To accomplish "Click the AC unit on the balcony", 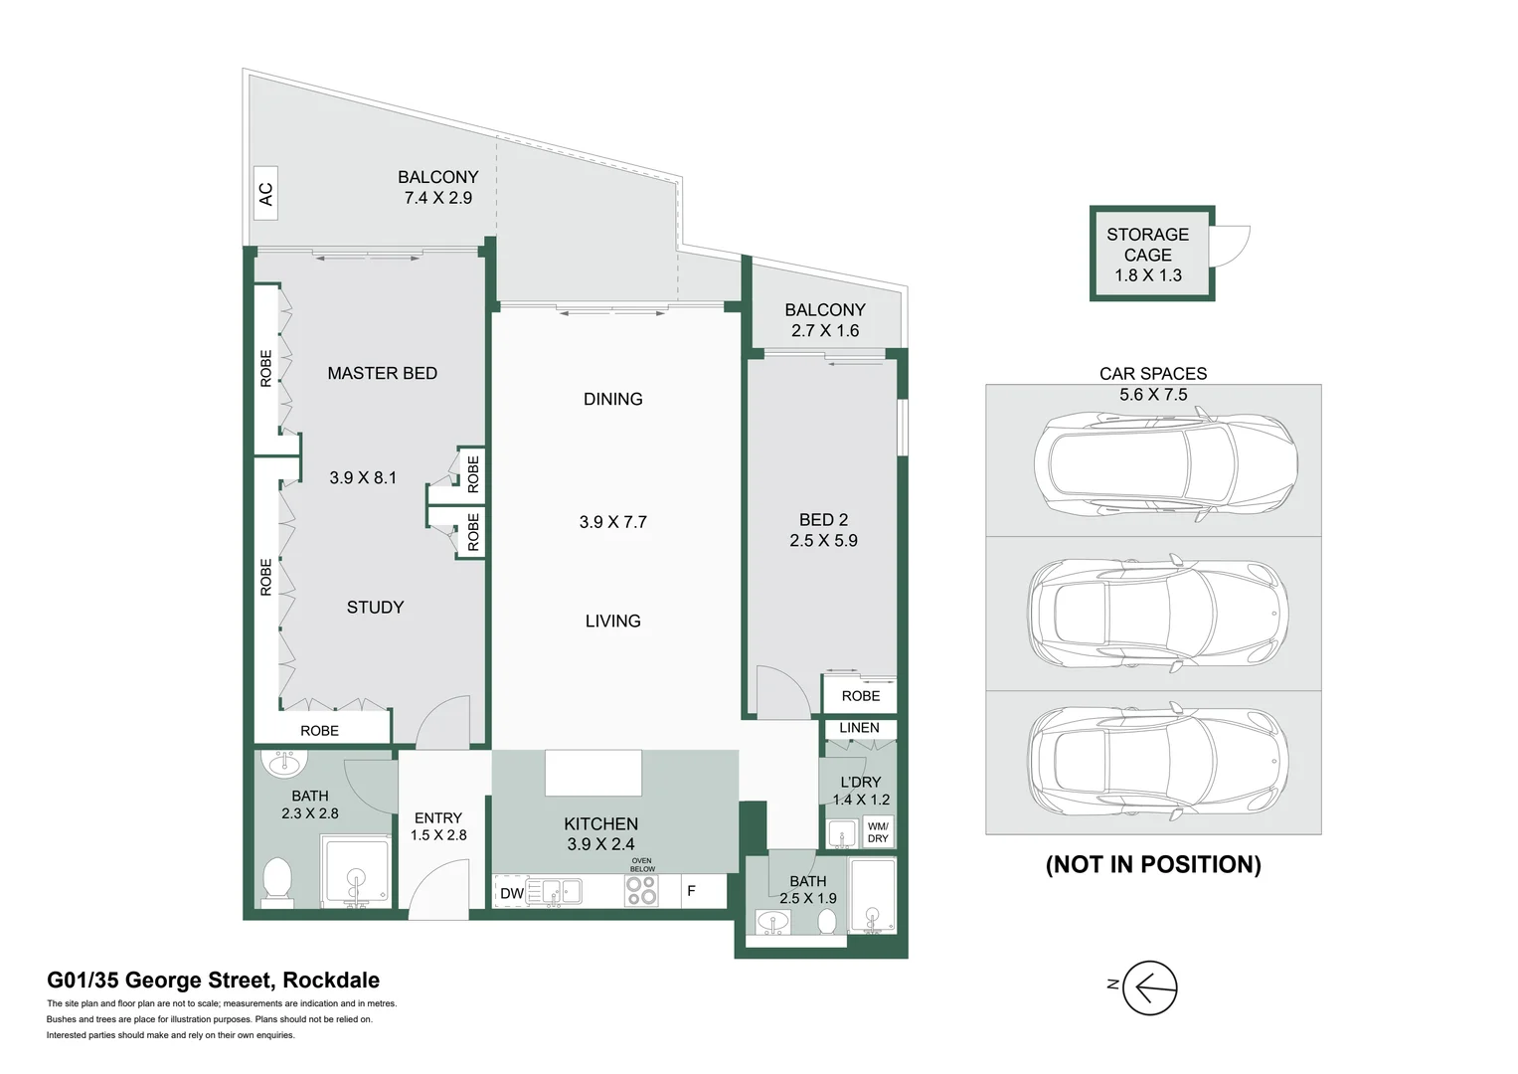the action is coord(265,193).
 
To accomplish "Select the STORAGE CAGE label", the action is coord(1148,245).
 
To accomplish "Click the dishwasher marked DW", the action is coord(512,893).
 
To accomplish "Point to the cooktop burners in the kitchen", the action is coord(641,891).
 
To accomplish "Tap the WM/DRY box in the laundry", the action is coord(878,832).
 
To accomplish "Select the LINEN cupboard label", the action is coord(859,728).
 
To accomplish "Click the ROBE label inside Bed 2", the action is coord(861,696).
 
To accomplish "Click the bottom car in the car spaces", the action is coord(1158,761).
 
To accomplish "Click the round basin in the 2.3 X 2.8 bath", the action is coord(284,762).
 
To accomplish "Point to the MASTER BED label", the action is coord(382,374).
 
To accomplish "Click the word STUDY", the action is coord(376,608).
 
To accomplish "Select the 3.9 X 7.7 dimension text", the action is coord(612,522).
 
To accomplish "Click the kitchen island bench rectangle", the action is coord(593,773).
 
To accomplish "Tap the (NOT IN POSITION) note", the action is coord(1153,864).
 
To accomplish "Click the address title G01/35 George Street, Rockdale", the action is coord(213,981).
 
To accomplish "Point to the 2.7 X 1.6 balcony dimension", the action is coord(825,331).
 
